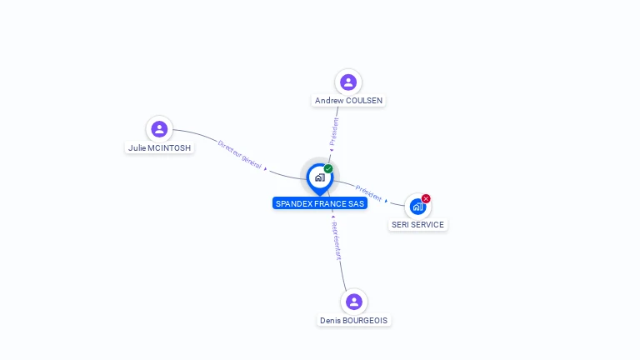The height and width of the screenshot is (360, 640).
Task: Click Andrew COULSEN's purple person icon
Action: (348, 82)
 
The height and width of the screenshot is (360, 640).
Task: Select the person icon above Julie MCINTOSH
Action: (159, 129)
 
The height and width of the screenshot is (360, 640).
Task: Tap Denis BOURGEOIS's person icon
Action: (354, 302)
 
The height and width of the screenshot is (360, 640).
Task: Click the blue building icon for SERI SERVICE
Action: (417, 207)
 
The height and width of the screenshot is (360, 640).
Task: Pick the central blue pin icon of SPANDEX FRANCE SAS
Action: (319, 177)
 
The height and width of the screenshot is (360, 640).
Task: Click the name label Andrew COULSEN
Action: (348, 101)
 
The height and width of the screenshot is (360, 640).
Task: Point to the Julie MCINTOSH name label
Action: (159, 148)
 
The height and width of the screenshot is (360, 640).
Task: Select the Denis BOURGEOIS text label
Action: (353, 321)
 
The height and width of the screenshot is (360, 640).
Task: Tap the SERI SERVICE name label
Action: (417, 225)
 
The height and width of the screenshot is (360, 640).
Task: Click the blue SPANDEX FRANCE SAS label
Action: (320, 203)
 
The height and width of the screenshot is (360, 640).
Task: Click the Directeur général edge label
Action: (240, 154)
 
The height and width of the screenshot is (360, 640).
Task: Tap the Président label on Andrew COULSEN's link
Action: (335, 132)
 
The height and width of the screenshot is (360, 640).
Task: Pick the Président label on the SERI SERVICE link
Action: (369, 192)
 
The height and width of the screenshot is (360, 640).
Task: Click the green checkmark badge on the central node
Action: (328, 169)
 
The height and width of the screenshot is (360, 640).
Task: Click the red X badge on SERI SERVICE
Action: (426, 198)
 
